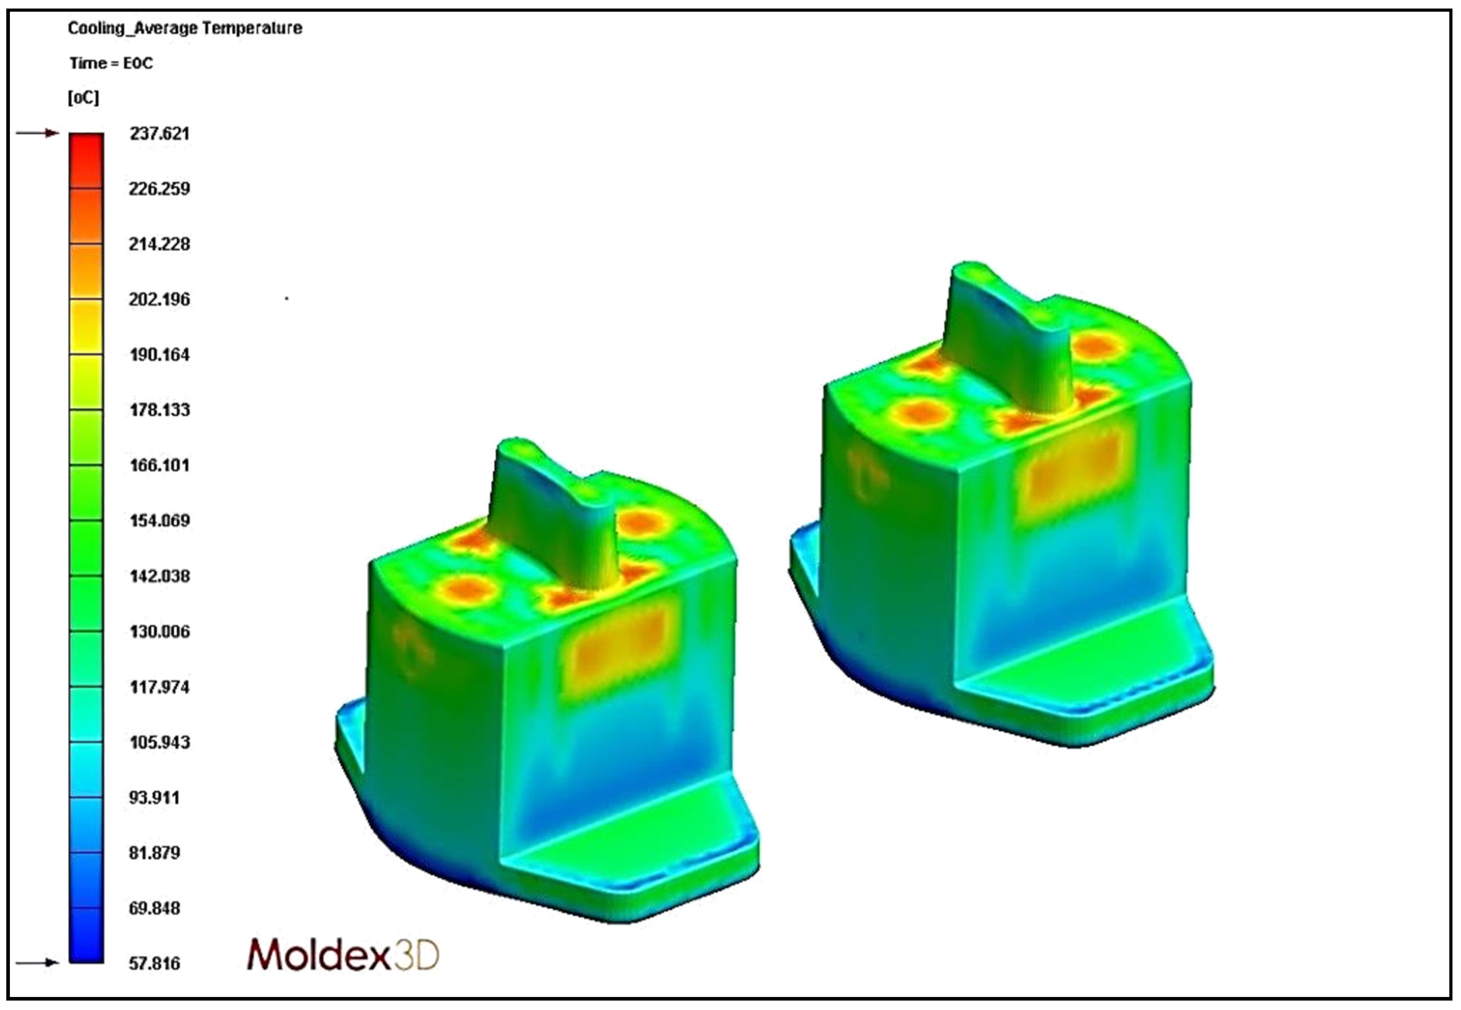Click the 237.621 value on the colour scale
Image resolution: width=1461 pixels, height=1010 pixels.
(x=159, y=133)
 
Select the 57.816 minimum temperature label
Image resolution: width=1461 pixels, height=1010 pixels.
(x=154, y=964)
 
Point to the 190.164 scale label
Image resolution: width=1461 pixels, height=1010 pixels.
(x=159, y=354)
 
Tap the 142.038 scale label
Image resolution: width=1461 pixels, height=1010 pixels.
(x=159, y=576)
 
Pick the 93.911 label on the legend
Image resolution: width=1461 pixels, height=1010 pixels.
(x=154, y=798)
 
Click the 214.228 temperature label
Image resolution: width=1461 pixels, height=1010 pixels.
(x=159, y=244)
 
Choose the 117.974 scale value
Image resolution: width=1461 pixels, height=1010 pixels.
(x=159, y=687)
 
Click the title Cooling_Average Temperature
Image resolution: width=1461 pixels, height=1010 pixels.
(x=185, y=28)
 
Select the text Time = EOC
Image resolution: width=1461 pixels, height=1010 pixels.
(x=111, y=63)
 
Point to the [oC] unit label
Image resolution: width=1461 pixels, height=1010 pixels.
(x=84, y=98)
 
